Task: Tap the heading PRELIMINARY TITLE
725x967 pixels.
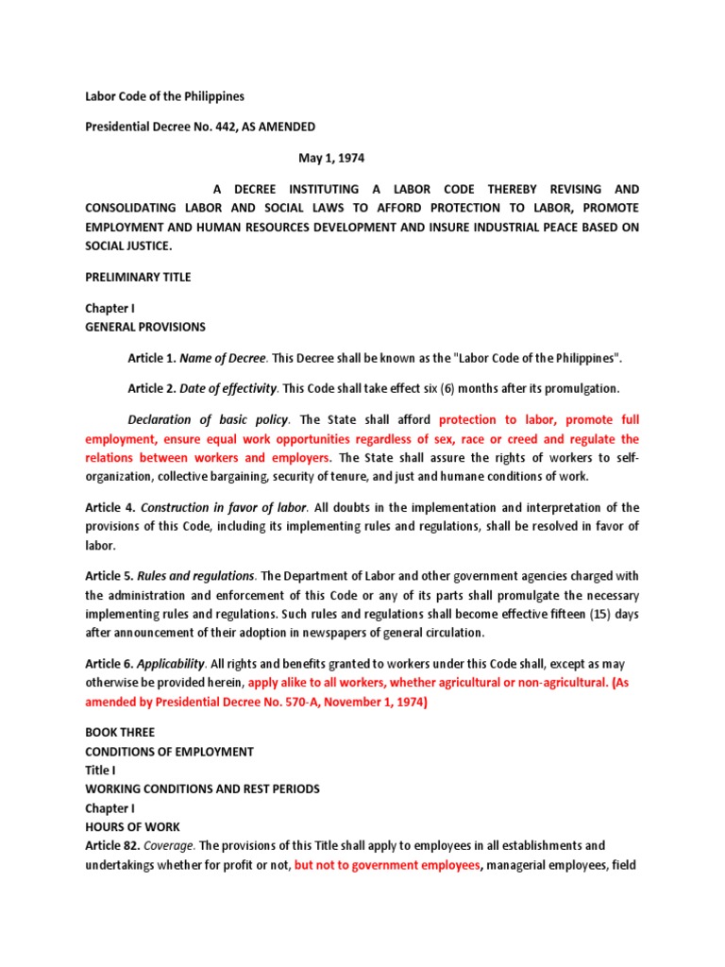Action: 138,277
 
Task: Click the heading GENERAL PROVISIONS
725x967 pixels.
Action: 145,327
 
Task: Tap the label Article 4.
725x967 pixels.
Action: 110,508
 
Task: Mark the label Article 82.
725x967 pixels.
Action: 110,845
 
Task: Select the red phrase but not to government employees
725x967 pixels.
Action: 388,864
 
